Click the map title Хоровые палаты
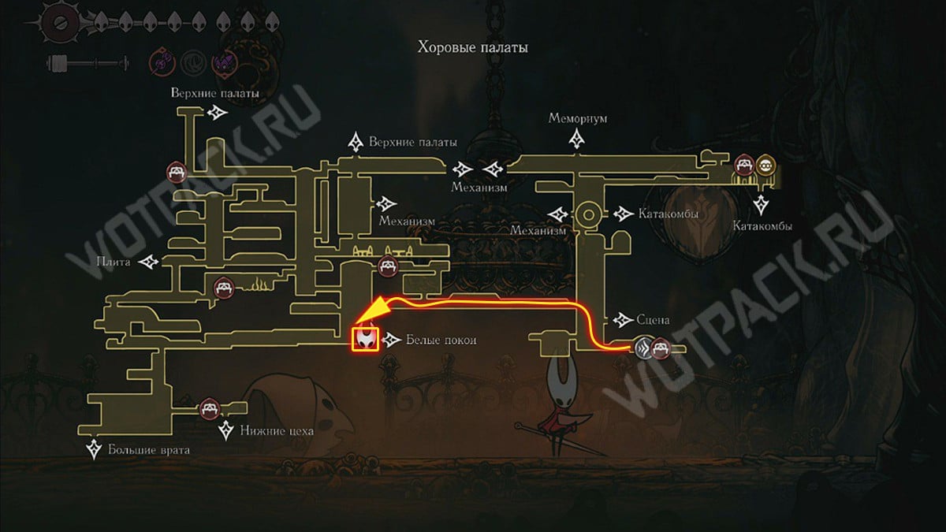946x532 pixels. pyautogui.click(x=472, y=47)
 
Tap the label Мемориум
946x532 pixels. pyautogui.click(x=577, y=118)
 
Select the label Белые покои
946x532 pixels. pyautogui.click(x=441, y=340)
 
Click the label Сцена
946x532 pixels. pyautogui.click(x=653, y=320)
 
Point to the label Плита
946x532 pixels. pyautogui.click(x=114, y=262)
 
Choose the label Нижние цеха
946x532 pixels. pyautogui.click(x=277, y=430)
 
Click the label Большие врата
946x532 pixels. pyautogui.click(x=149, y=450)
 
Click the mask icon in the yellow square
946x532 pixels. pyautogui.click(x=366, y=340)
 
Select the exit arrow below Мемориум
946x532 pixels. pyautogui.click(x=576, y=139)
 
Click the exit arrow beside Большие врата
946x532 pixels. pyautogui.click(x=94, y=449)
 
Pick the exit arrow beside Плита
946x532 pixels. pyautogui.click(x=149, y=262)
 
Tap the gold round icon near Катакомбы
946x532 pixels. pyautogui.click(x=765, y=166)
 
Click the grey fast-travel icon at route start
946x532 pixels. pyautogui.click(x=643, y=348)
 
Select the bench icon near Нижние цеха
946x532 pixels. pyautogui.click(x=210, y=408)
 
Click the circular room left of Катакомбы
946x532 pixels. pyautogui.click(x=588, y=214)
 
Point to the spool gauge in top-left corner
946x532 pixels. pyautogui.click(x=88, y=63)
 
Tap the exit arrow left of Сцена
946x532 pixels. pyautogui.click(x=623, y=320)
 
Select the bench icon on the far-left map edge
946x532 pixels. pyautogui.click(x=177, y=172)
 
